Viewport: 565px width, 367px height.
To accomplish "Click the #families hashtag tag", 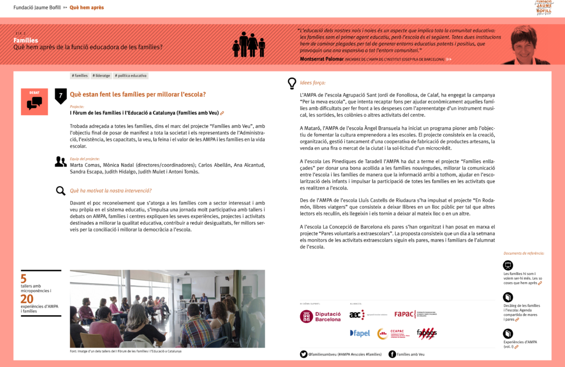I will [80, 76].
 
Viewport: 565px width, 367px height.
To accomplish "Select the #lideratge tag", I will [102, 76].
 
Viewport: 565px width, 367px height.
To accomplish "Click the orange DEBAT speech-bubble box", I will [34, 101].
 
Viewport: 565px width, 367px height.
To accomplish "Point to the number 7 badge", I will [61, 95].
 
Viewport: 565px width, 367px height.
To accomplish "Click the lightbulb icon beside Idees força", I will [292, 83].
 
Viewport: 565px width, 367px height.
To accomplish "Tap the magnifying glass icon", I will [61, 191].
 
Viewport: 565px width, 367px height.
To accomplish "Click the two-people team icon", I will [61, 161].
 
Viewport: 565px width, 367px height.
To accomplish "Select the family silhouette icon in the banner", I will [249, 45].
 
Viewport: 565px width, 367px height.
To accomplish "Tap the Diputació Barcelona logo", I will [321, 316].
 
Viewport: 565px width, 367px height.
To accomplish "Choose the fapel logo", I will [360, 333].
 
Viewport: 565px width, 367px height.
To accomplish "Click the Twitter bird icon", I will [303, 354].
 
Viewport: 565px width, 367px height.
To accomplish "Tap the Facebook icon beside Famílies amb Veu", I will [392, 354].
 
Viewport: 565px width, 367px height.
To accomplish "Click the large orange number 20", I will [26, 299].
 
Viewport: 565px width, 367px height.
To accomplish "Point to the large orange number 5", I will [23, 279].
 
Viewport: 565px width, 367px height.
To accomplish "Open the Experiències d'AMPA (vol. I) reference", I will [520, 344].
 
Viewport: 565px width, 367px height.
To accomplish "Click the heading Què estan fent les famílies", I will [137, 94].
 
